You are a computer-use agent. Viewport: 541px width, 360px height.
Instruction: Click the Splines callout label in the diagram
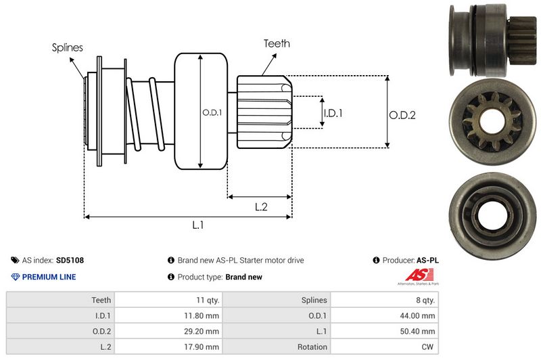click(68, 47)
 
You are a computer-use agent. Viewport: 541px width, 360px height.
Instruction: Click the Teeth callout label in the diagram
click(277, 43)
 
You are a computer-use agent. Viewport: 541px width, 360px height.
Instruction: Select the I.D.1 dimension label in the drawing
click(333, 113)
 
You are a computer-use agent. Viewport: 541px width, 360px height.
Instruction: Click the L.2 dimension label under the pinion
click(262, 208)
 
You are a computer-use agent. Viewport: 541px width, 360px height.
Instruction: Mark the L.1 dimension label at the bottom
click(198, 226)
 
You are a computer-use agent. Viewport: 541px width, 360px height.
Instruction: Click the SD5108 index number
click(70, 260)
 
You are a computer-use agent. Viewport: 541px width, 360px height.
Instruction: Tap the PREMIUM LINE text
click(49, 277)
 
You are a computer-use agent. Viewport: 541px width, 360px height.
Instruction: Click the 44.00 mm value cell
click(419, 315)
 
